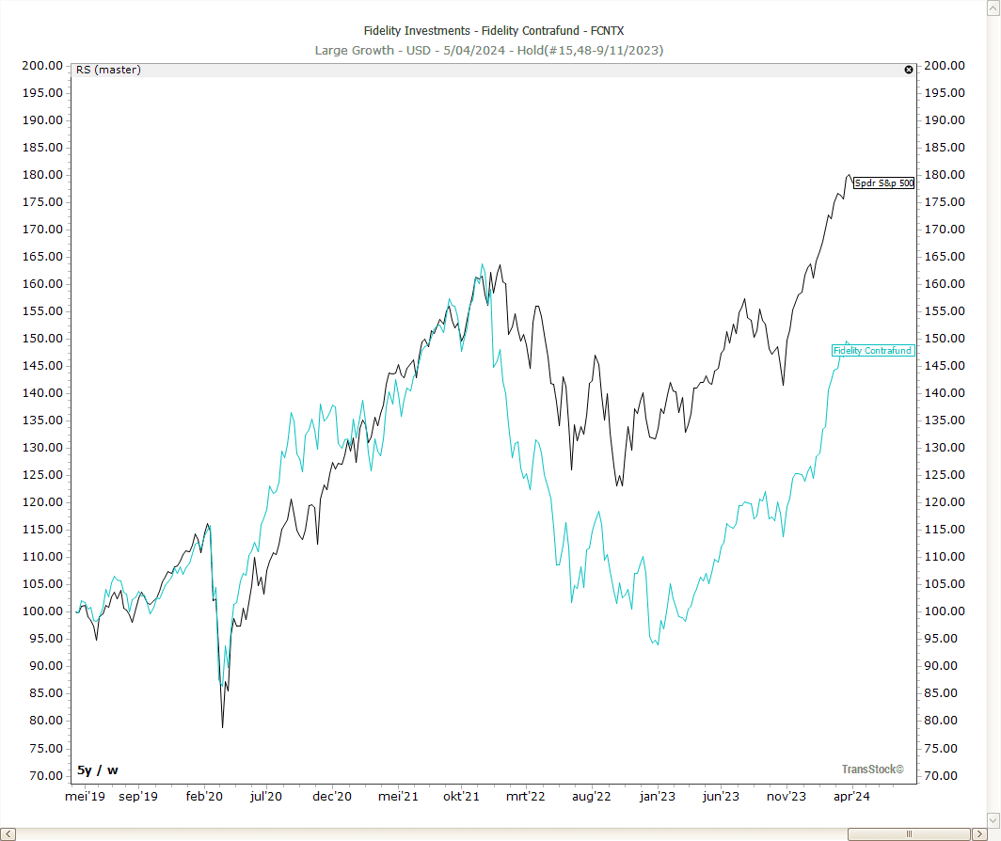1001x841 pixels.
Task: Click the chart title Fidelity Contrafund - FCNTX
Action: pos(494,31)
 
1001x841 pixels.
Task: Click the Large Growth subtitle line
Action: pos(489,50)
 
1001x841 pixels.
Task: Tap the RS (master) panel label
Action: pos(108,70)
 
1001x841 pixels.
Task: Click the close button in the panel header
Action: pos(909,70)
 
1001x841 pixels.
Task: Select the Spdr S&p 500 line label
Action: pos(883,183)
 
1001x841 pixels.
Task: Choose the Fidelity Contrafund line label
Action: pos(872,351)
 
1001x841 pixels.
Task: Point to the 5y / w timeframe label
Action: pos(98,770)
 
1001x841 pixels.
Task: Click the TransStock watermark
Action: pos(872,770)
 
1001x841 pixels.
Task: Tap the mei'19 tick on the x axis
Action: pos(84,797)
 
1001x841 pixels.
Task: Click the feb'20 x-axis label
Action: pos(204,797)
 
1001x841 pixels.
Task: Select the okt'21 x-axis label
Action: pos(461,797)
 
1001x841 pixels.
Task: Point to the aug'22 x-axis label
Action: pos(592,797)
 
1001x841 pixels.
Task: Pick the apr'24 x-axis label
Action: pos(850,797)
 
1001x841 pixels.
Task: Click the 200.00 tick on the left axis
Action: pos(42,66)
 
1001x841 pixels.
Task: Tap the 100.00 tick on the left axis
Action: pos(42,611)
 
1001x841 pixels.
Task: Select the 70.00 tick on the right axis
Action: pos(945,776)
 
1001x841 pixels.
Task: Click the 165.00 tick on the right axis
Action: pos(945,257)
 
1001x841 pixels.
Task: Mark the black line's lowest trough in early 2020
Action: pos(223,727)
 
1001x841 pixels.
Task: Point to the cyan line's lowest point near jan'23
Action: pos(658,644)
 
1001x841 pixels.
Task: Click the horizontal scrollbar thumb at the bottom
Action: pos(909,834)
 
